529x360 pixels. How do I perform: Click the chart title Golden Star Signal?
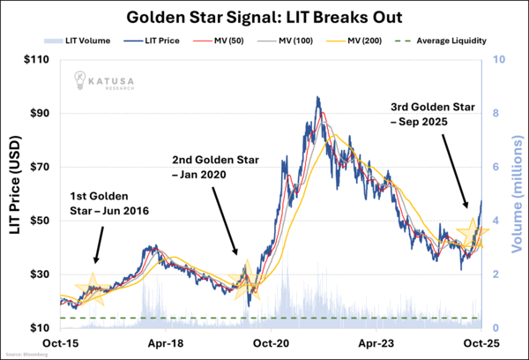pyautogui.click(x=264, y=17)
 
